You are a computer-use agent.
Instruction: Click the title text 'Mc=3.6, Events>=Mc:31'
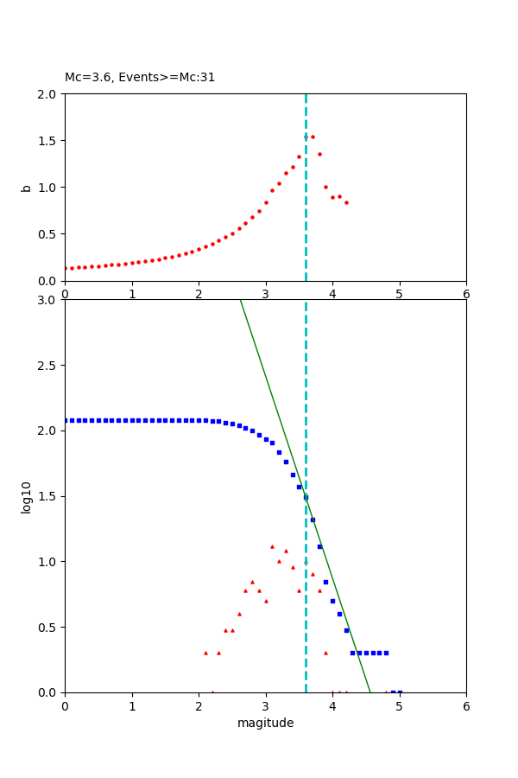tap(140, 78)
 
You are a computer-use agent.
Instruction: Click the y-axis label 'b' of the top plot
tap(27, 188)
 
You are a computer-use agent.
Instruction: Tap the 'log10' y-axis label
tap(27, 496)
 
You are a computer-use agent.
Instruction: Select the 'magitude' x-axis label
tap(265, 723)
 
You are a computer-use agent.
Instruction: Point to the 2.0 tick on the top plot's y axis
tap(48, 93)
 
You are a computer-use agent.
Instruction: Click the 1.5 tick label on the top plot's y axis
tap(48, 140)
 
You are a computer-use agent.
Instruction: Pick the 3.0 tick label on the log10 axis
tap(48, 300)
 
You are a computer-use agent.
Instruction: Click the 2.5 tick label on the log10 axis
tap(48, 366)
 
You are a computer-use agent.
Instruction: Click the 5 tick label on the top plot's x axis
tap(400, 294)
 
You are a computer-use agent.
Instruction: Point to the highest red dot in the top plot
tap(313, 137)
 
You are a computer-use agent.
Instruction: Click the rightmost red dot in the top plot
tap(346, 202)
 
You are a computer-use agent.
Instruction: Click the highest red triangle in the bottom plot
tap(272, 546)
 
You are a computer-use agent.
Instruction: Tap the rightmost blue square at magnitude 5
tap(400, 692)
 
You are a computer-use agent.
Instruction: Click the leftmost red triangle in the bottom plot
tap(205, 653)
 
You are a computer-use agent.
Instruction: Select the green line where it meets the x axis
tap(370, 692)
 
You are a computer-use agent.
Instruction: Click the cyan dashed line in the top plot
tap(306, 216)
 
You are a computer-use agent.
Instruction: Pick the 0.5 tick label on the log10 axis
tap(48, 627)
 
